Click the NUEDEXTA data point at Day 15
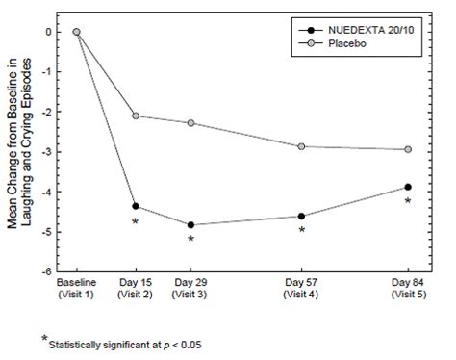(x=135, y=206)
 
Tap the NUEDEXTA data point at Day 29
(x=190, y=225)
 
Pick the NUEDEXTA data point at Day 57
(x=301, y=217)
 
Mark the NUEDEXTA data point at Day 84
(x=408, y=187)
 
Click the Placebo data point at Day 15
(x=135, y=116)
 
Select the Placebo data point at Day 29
(x=190, y=123)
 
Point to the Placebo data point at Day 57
(x=301, y=146)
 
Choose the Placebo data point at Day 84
(x=408, y=149)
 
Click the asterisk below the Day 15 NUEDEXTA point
(x=135, y=223)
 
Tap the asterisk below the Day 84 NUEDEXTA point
(x=408, y=202)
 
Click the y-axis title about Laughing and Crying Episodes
(x=26, y=151)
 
